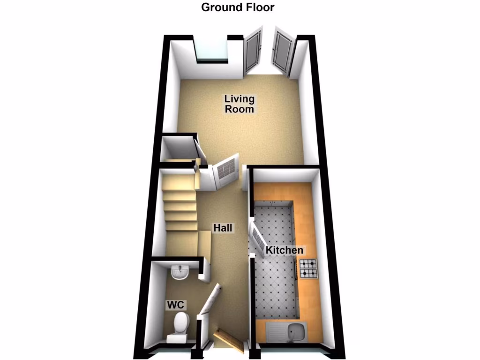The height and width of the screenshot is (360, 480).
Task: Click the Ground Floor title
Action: pyautogui.click(x=238, y=7)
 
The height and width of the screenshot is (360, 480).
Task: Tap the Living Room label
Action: pyautogui.click(x=239, y=104)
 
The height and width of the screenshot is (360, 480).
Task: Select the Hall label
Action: pyautogui.click(x=224, y=228)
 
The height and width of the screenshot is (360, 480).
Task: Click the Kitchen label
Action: pyautogui.click(x=285, y=250)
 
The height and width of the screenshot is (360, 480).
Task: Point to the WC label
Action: pyautogui.click(x=177, y=305)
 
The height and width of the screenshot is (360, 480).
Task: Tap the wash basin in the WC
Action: pyautogui.click(x=180, y=272)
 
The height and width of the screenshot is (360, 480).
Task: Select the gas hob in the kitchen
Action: pyautogui.click(x=307, y=269)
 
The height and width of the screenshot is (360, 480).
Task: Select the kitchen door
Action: pyautogui.click(x=257, y=238)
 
